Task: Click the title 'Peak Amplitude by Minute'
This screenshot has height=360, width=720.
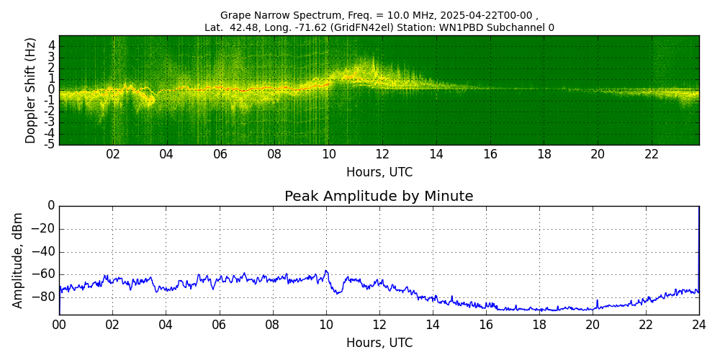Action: click(x=379, y=197)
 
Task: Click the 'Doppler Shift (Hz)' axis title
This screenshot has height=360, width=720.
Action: click(x=31, y=90)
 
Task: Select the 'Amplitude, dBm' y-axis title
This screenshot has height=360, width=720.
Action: click(x=19, y=260)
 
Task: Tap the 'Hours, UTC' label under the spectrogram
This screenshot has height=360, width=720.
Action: click(x=379, y=173)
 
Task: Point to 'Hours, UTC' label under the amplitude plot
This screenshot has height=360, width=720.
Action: click(x=379, y=343)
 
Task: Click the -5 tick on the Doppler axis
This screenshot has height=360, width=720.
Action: click(x=50, y=144)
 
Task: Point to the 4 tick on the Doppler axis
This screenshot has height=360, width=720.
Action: click(x=52, y=45)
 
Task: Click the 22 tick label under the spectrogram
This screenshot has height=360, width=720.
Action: click(x=652, y=155)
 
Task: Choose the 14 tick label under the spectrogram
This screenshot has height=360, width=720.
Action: click(x=436, y=155)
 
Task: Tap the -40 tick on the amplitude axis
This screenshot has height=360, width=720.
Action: click(x=45, y=253)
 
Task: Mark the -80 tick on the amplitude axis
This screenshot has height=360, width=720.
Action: click(x=45, y=296)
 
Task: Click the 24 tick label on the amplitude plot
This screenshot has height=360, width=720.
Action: click(x=698, y=325)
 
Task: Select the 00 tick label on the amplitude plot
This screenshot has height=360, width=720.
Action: click(x=59, y=325)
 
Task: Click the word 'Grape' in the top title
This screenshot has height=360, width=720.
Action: click(x=235, y=15)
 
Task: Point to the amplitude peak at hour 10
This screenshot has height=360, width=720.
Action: click(x=326, y=271)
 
